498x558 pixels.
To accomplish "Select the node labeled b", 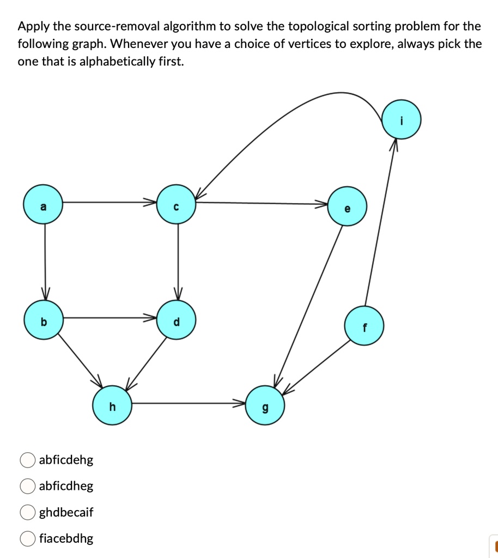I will [x=44, y=320].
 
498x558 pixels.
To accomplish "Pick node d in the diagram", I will [x=175, y=320].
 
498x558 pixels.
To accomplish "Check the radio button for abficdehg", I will [x=27, y=460].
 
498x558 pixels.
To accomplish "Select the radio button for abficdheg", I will [x=27, y=486].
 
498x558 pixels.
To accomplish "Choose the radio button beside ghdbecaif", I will [x=27, y=512].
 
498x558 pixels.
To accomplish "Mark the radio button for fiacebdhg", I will [x=27, y=538].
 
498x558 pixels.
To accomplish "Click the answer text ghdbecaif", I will [x=66, y=512].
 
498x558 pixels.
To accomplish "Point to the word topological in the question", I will [x=315, y=26].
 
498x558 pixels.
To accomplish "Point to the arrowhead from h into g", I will [x=240, y=404].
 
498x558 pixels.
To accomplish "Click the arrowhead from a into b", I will [x=45, y=294].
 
